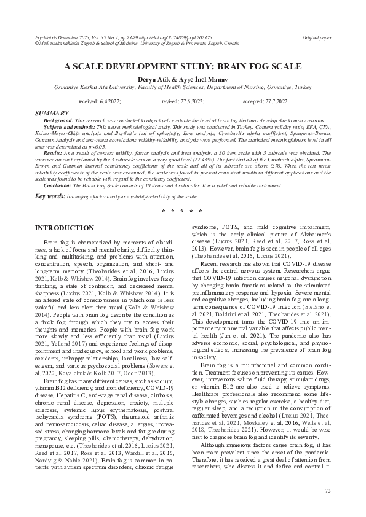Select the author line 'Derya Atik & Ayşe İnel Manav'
[183, 80]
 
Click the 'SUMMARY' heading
[52, 114]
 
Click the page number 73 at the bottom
[327, 491]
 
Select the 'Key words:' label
[51, 196]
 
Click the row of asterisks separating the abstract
[183, 211]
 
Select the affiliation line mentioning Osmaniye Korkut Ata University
[183, 88]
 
